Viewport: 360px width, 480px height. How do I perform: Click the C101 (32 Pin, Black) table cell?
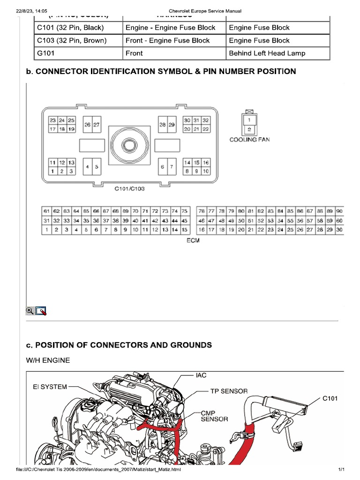[70, 28]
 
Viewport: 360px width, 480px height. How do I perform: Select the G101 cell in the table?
[46, 53]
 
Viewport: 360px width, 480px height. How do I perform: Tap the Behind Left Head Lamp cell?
[267, 53]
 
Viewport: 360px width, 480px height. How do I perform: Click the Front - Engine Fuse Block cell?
[167, 41]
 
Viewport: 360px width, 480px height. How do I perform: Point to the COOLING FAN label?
[249, 139]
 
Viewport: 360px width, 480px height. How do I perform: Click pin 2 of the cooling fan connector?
[249, 128]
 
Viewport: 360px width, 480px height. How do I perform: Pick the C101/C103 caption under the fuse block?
[130, 189]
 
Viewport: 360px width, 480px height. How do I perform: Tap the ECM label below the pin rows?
[193, 240]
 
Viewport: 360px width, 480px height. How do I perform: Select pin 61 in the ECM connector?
[46, 211]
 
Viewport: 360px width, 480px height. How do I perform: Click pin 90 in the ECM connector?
[339, 211]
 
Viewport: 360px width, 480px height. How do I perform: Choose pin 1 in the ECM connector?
[46, 230]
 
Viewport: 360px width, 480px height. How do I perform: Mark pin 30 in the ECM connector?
[339, 230]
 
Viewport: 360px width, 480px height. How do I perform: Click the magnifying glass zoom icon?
[30, 310]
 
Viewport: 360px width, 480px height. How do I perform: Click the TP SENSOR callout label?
[228, 390]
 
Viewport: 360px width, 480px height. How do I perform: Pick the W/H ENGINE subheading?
[48, 360]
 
